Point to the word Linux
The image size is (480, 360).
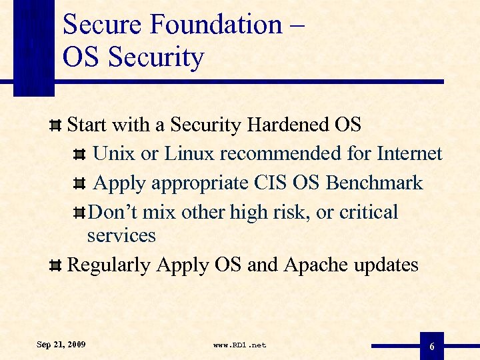coord(189,154)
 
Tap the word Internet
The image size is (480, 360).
coord(409,154)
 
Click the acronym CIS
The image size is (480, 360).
coord(269,183)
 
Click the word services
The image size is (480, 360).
coord(121,235)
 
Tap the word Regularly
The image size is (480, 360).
coord(109,265)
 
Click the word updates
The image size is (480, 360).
coord(386,265)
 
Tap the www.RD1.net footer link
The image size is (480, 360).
coord(239,345)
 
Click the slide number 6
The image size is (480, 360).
coord(432,347)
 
